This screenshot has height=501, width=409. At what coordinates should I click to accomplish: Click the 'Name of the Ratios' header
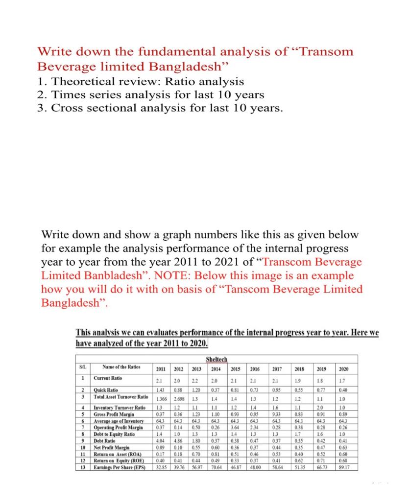tap(121, 367)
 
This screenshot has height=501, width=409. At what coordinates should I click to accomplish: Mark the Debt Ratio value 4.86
tap(178, 440)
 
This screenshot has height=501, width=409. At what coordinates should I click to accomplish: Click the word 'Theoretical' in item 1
tap(80, 81)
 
